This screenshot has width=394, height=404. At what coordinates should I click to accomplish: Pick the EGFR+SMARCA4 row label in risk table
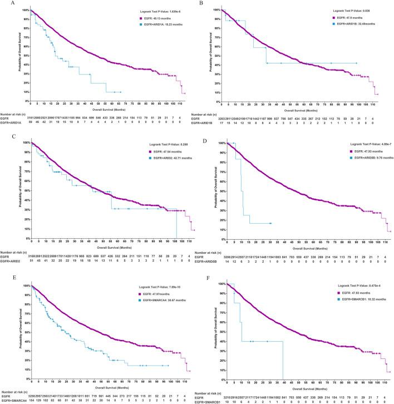click(x=13, y=400)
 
